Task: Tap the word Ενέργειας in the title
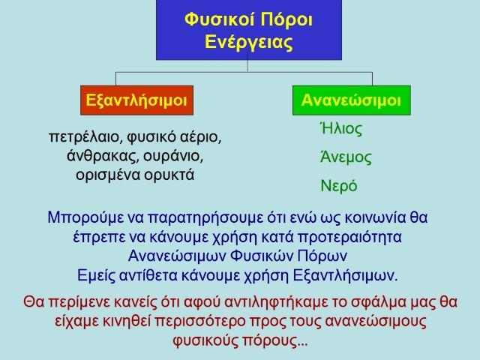click(x=248, y=42)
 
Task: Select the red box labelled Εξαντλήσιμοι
click(x=136, y=100)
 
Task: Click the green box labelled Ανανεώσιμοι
click(x=352, y=100)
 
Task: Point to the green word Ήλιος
click(x=341, y=129)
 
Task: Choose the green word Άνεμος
click(x=346, y=157)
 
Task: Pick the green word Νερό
click(x=339, y=186)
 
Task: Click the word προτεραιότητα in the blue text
click(x=350, y=238)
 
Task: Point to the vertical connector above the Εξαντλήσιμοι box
click(x=115, y=79)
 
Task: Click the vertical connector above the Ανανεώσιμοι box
click(x=372, y=79)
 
